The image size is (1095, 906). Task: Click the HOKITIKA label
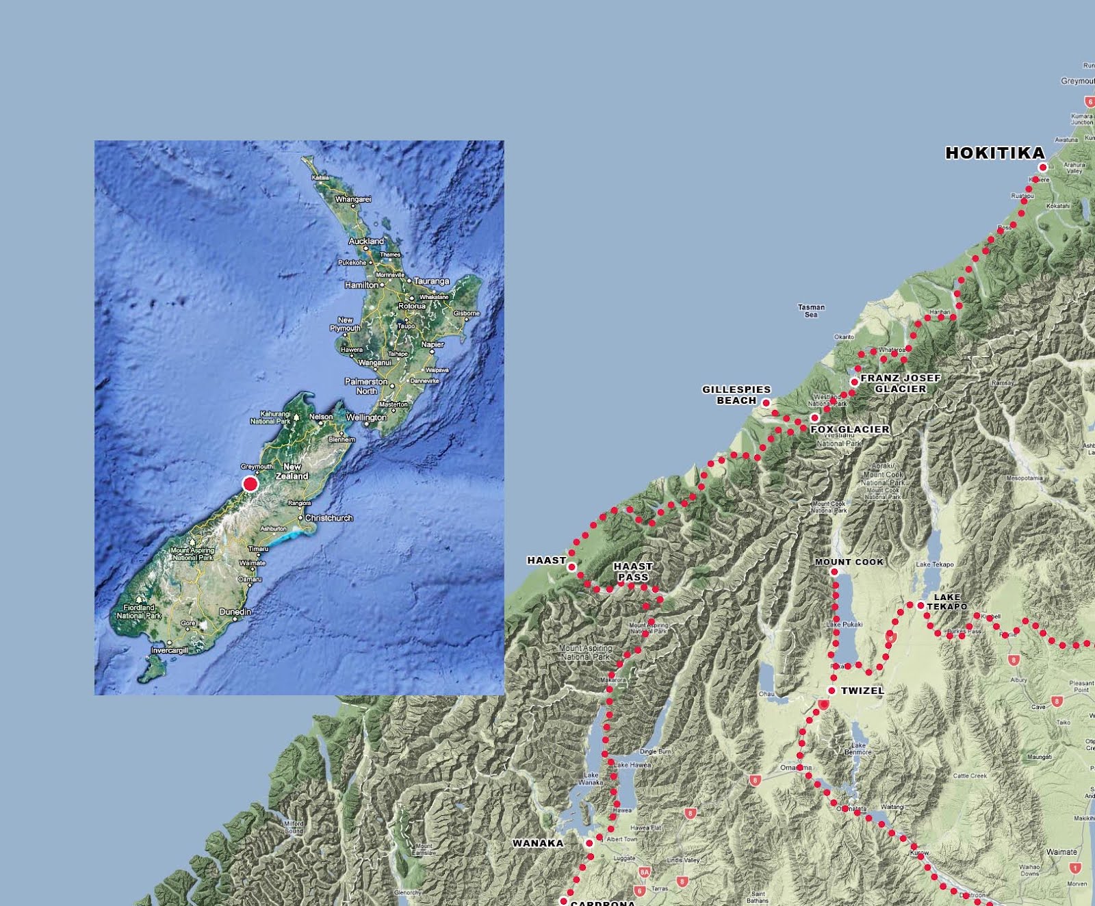click(994, 153)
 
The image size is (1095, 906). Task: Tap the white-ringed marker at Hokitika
click(1043, 167)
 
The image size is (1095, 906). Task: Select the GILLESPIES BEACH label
click(736, 395)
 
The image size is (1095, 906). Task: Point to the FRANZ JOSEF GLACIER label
click(900, 383)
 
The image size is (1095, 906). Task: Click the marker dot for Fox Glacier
click(814, 417)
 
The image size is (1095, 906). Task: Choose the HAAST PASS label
click(633, 571)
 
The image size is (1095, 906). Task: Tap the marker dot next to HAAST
click(572, 567)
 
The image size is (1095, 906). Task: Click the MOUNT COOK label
click(849, 562)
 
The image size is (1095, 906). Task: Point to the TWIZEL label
click(862, 690)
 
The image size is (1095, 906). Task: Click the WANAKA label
click(538, 843)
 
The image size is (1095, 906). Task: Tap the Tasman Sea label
click(811, 311)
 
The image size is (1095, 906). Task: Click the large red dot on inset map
click(250, 484)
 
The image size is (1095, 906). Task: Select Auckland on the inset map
click(366, 242)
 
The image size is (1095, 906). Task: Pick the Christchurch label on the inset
click(329, 518)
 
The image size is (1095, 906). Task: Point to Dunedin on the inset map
click(235, 612)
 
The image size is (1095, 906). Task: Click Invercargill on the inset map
click(169, 650)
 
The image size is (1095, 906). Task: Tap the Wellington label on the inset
click(366, 417)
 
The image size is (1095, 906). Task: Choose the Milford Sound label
click(294, 827)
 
